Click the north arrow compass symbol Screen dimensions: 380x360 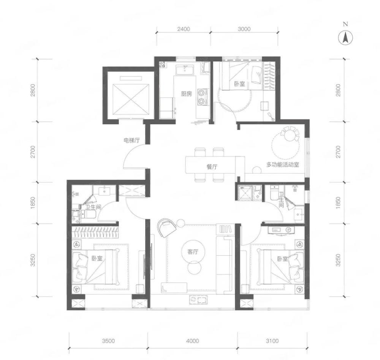[345, 38]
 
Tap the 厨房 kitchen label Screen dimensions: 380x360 [186, 94]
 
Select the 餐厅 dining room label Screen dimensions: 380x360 [212, 167]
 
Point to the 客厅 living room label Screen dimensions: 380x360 [193, 252]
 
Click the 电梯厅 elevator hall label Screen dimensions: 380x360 [132, 140]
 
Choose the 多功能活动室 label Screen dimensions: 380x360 [283, 165]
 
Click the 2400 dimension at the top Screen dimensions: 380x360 [184, 29]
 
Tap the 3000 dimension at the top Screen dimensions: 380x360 [244, 29]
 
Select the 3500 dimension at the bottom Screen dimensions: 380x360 [108, 341]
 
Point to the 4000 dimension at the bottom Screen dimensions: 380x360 [193, 341]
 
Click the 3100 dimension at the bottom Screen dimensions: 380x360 [272, 341]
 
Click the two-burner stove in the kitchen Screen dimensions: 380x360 [202, 97]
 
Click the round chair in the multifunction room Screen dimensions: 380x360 [290, 133]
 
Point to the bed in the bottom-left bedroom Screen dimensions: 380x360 [96, 267]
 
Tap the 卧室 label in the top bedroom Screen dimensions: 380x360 [239, 84]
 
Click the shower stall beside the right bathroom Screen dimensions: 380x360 [245, 193]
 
